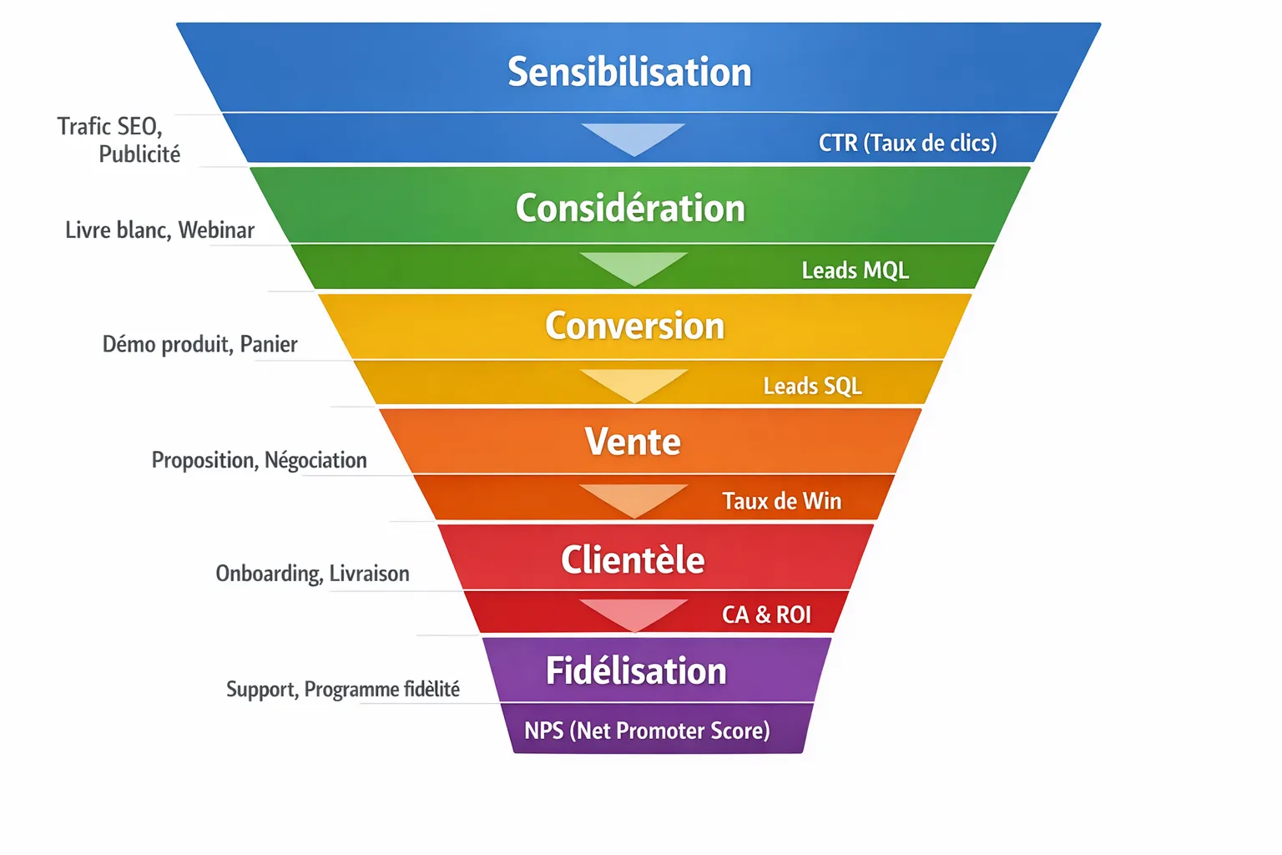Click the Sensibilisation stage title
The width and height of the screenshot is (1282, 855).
tap(629, 72)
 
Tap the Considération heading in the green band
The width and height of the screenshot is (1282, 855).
tap(630, 208)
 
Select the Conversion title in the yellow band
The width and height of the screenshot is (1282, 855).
tap(634, 326)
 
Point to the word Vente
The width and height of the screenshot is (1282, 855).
tap(633, 442)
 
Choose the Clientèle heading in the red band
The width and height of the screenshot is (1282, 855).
tap(633, 559)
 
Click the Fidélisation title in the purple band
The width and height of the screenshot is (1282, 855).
tap(636, 671)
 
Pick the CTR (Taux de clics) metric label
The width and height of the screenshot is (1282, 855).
tap(907, 143)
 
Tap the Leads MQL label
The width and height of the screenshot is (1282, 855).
tap(855, 271)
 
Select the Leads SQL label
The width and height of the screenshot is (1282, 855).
tap(812, 386)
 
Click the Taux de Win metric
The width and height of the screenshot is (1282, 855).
tap(781, 501)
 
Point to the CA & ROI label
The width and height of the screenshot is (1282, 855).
tap(766, 615)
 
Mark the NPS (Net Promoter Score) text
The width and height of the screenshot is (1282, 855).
tap(647, 731)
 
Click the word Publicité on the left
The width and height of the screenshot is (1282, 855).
tap(139, 154)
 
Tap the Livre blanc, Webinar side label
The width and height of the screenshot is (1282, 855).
tap(159, 230)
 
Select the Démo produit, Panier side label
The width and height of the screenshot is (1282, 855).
tap(199, 344)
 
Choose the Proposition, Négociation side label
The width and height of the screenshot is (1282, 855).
tap(259, 460)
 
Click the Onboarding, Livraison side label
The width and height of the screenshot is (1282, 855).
tap(312, 574)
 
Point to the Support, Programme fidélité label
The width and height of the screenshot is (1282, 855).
tap(343, 689)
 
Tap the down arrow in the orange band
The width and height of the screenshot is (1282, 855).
tap(633, 499)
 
